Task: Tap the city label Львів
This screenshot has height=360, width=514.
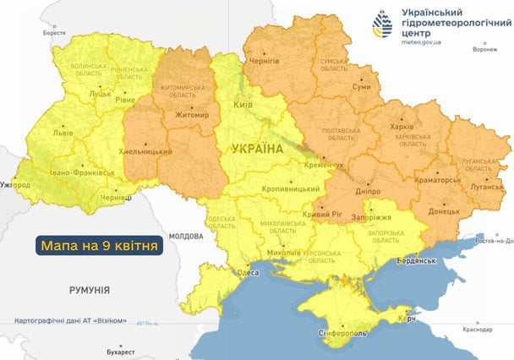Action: (61, 134)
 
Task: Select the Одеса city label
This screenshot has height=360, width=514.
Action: (247, 272)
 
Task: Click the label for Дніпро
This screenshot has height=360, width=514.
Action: (367, 192)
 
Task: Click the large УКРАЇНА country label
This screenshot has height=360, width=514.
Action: (256, 149)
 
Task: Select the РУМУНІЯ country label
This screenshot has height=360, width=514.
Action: (89, 290)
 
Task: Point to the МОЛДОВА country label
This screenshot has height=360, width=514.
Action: (187, 236)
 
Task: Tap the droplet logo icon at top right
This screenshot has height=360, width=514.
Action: (383, 25)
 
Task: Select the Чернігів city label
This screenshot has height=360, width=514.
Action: (262, 63)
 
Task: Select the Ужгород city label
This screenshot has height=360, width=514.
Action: (15, 184)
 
